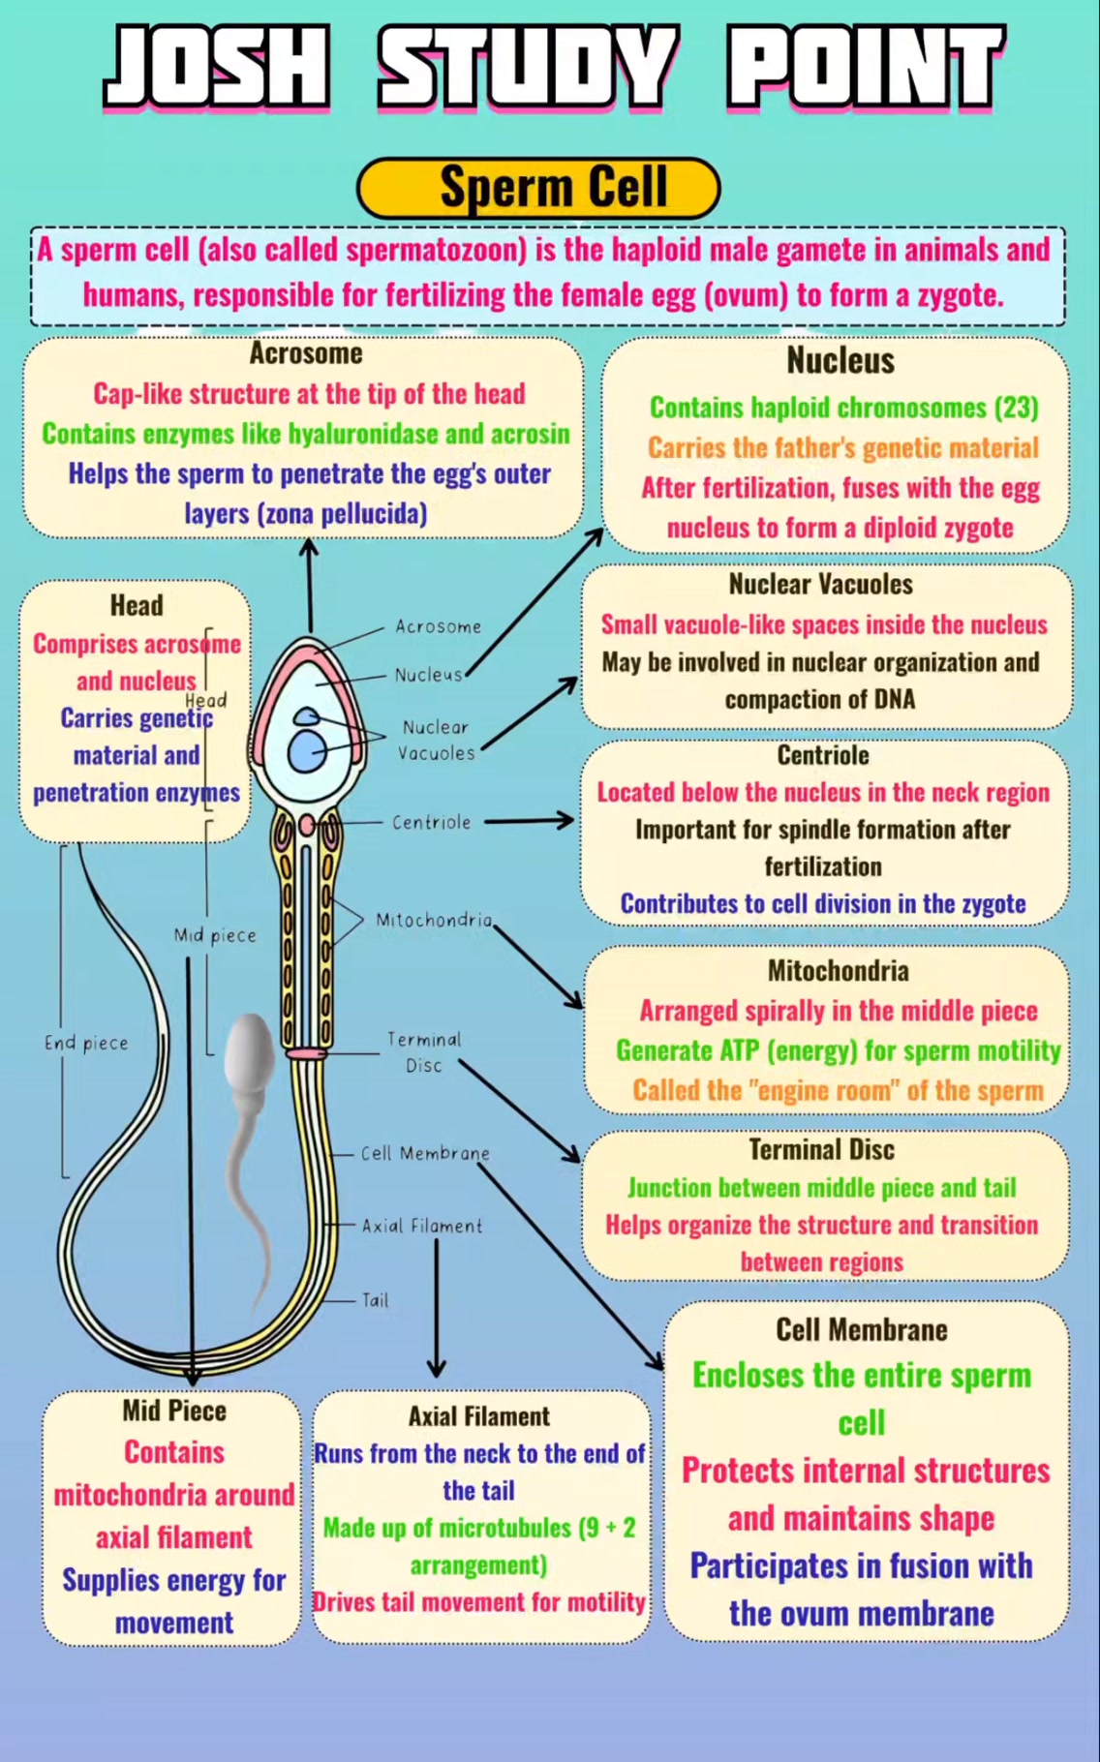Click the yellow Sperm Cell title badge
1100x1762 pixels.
[x=538, y=188]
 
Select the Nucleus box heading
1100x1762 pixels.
[x=840, y=360]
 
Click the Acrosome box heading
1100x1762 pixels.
[x=306, y=353]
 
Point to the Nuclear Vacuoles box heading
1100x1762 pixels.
[x=821, y=584]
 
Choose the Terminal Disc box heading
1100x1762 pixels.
[x=821, y=1149]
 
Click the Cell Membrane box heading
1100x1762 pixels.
[x=862, y=1329]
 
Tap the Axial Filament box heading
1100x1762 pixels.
[x=479, y=1416]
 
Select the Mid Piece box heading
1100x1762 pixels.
[x=174, y=1411]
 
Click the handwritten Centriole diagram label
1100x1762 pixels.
[x=432, y=822]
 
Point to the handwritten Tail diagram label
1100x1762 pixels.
[x=376, y=1300]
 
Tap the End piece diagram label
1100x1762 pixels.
[x=86, y=1043]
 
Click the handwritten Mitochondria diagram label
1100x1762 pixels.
[x=434, y=920]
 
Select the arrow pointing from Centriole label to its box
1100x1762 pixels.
[x=530, y=821]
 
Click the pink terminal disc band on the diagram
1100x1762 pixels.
[x=307, y=1053]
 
